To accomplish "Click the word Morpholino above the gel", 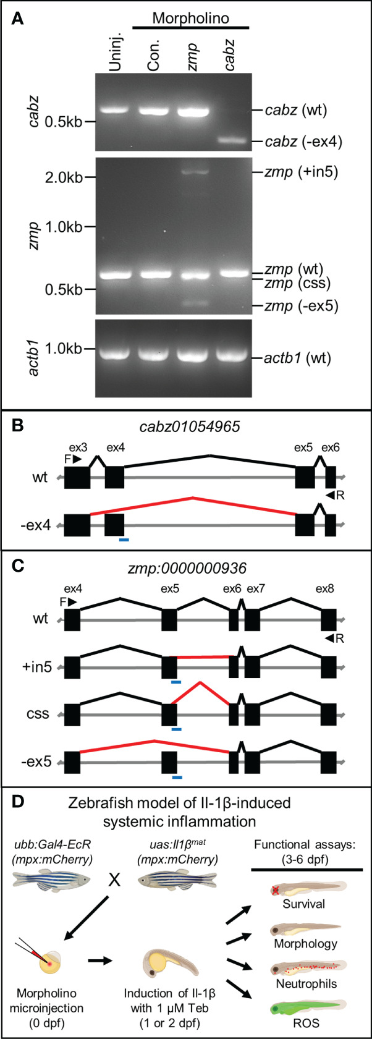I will [x=191, y=18].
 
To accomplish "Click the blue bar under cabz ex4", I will [x=124, y=540].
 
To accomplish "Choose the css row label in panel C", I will [x=41, y=714].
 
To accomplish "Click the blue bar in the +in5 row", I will [x=176, y=682].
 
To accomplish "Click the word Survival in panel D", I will [x=306, y=904].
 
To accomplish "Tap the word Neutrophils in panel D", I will [x=306, y=984].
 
